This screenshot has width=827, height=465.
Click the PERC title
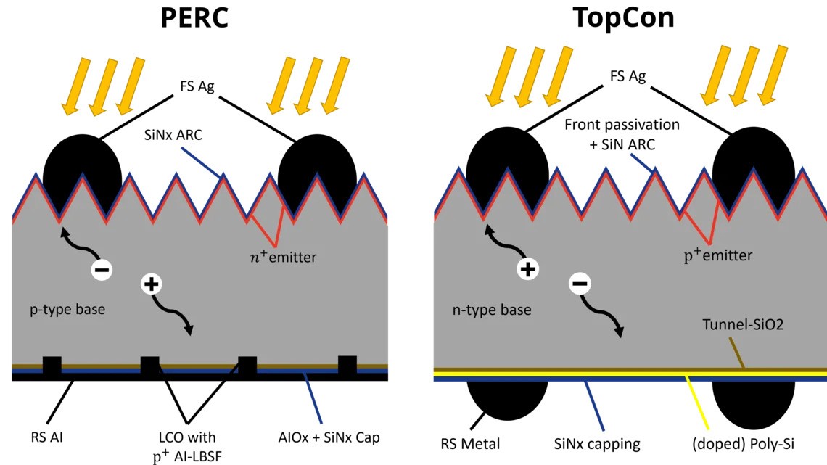tap(194, 17)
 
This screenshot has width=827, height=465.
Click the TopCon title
tap(623, 17)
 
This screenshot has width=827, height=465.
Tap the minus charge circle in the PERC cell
tap(102, 270)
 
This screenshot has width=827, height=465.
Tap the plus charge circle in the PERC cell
tap(151, 284)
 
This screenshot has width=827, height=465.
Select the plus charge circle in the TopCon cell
tap(527, 270)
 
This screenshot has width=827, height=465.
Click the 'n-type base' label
tap(492, 310)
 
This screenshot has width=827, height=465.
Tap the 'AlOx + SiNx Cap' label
tap(329, 437)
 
